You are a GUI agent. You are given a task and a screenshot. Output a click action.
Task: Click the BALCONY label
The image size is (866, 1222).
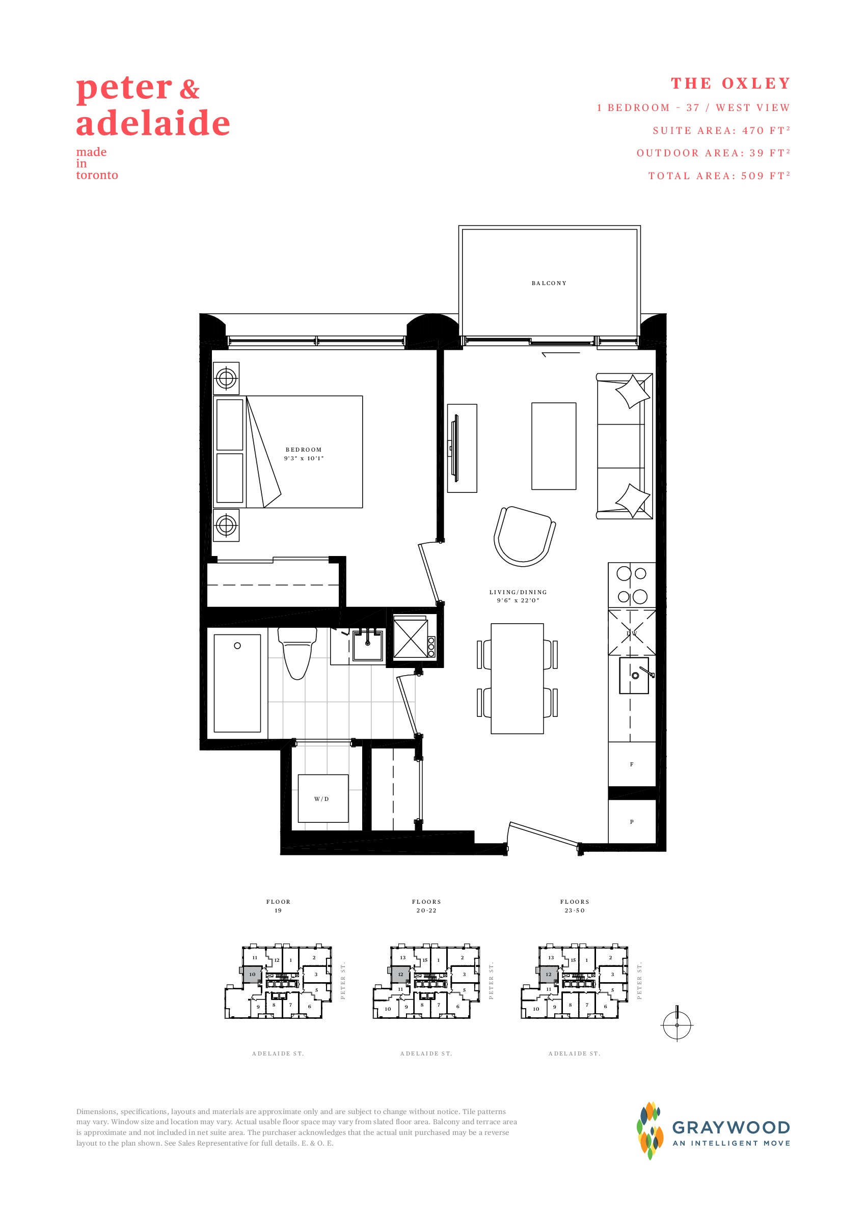[549, 283]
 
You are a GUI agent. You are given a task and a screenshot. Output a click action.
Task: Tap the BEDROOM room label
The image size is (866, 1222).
[304, 450]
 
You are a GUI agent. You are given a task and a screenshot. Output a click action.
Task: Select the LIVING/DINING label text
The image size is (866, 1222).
[518, 592]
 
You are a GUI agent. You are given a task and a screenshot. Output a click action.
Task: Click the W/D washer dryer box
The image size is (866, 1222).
[322, 798]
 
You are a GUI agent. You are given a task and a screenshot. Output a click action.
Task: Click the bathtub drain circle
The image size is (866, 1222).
[237, 646]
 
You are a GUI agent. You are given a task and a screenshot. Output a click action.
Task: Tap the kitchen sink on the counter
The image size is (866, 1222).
[634, 675]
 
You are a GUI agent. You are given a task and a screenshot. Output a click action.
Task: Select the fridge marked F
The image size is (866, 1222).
[632, 764]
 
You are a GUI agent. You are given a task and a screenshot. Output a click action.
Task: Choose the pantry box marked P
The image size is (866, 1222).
[632, 822]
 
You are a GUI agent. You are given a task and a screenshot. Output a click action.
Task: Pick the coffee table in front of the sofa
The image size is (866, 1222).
[554, 446]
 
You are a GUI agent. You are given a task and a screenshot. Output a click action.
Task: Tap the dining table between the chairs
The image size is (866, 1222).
[517, 678]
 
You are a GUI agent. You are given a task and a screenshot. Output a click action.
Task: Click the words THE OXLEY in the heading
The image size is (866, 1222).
[730, 84]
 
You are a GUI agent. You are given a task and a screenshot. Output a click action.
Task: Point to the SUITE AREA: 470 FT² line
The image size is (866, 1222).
[721, 130]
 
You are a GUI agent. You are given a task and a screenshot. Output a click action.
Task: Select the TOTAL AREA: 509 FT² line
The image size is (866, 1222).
[719, 176]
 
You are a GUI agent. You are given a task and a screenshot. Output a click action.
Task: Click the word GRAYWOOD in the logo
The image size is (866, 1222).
[730, 1128]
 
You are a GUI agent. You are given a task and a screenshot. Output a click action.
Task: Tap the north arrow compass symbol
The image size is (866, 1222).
[676, 1024]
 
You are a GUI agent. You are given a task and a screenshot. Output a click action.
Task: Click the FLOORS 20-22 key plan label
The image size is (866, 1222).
[426, 906]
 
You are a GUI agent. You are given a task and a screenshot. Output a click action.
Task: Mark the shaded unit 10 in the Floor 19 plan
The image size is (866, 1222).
[252, 974]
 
